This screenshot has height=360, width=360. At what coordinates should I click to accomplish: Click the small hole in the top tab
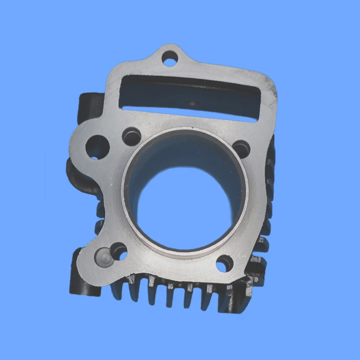click(170, 58)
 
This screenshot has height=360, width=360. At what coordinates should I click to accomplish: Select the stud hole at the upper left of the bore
click(132, 136)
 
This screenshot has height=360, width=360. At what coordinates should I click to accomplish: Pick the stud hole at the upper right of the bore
click(242, 148)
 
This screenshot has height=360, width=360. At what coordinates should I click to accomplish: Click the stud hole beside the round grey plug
click(119, 251)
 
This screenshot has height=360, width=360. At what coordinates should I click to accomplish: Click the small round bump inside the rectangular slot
click(193, 103)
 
